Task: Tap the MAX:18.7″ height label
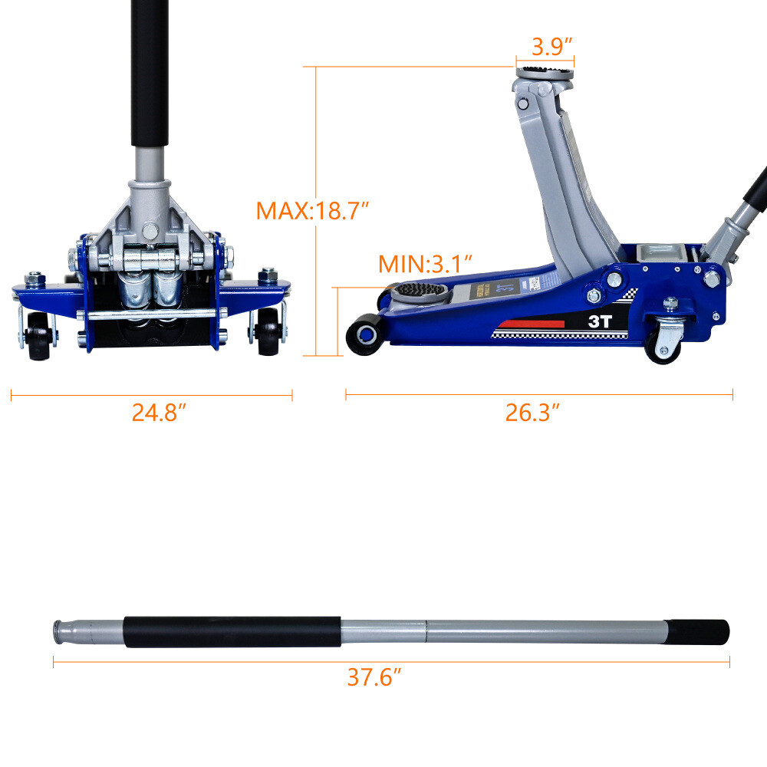(313, 210)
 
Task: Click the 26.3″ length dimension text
(532, 413)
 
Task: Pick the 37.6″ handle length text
(374, 677)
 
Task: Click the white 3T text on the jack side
(599, 322)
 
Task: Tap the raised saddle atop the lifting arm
(545, 74)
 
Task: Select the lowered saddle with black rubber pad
(420, 291)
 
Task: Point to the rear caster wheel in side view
(661, 347)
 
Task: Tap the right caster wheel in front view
(268, 336)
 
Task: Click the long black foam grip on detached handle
(232, 632)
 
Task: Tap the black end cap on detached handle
(697, 632)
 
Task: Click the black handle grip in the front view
(149, 73)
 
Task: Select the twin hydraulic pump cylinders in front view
(150, 295)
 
